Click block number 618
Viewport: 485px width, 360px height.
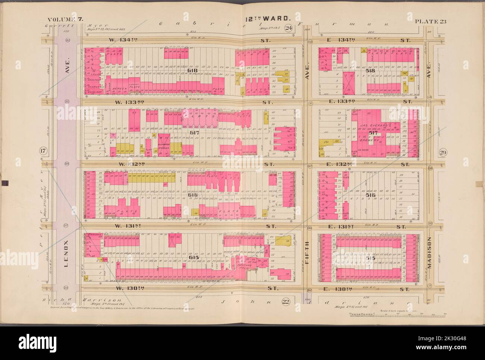point(193,70)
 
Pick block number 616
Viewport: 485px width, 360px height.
point(193,195)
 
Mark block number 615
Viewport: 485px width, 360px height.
point(193,258)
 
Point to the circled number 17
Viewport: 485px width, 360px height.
point(43,151)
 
